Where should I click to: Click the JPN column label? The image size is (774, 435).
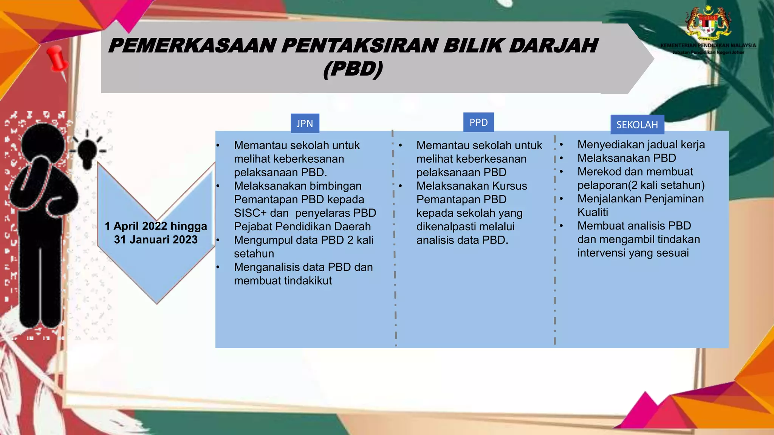305,123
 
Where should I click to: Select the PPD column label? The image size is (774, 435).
478,122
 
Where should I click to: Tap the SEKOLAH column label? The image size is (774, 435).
637,125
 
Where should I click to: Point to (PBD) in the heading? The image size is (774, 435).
353,69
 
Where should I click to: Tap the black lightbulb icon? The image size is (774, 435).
88,152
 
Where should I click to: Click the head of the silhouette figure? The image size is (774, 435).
42,142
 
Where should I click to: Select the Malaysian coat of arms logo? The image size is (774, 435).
709,23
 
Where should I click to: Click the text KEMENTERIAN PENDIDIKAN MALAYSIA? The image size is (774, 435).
708,45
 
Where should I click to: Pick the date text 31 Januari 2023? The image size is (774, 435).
156,239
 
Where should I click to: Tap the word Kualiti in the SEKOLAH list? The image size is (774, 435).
593,212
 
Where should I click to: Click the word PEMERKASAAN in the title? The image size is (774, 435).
192,46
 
